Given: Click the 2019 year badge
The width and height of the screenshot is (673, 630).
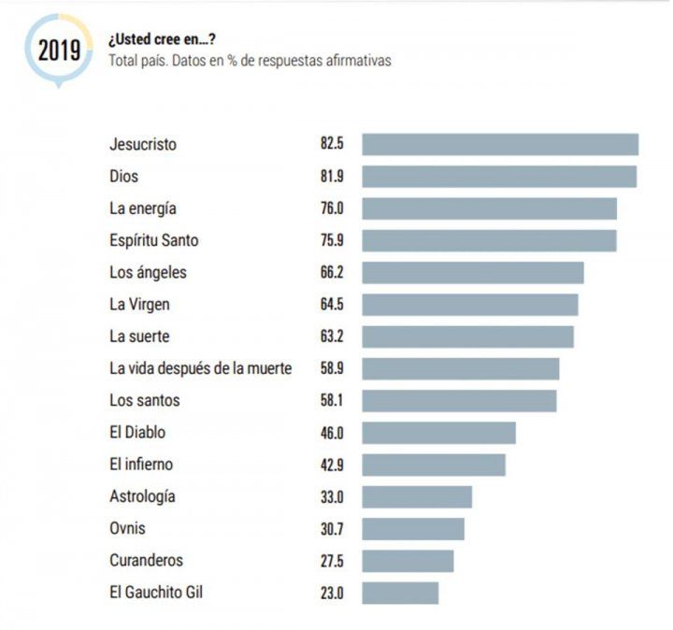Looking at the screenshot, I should [59, 50].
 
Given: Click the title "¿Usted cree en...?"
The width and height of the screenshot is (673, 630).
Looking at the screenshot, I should [164, 39].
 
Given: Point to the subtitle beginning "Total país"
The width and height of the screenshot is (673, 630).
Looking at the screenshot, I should [250, 60].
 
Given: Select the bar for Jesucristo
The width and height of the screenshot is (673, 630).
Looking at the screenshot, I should [500, 145].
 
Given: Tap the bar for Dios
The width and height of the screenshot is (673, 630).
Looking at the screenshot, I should [499, 177].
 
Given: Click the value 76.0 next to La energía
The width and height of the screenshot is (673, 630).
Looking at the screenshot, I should [332, 208].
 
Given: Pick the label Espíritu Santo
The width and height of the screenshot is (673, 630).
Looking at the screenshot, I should [153, 240].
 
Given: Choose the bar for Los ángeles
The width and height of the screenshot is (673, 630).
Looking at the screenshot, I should [473, 272].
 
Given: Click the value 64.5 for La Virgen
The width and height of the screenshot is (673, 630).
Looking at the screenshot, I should [332, 304].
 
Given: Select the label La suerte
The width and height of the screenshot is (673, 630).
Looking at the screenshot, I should [139, 336].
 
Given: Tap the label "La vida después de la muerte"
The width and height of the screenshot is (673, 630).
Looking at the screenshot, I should [200, 368].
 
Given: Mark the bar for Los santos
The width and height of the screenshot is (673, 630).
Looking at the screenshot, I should [459, 400].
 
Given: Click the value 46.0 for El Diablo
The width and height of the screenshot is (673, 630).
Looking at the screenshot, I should [332, 433].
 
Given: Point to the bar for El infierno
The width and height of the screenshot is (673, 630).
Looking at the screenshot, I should [434, 465].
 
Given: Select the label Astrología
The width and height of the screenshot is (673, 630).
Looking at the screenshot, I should [142, 496].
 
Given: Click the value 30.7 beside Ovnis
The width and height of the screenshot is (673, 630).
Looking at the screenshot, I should [332, 528].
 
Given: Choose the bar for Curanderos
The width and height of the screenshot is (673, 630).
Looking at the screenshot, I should [408, 561].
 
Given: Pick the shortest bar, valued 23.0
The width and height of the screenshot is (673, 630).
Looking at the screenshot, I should [400, 593].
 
